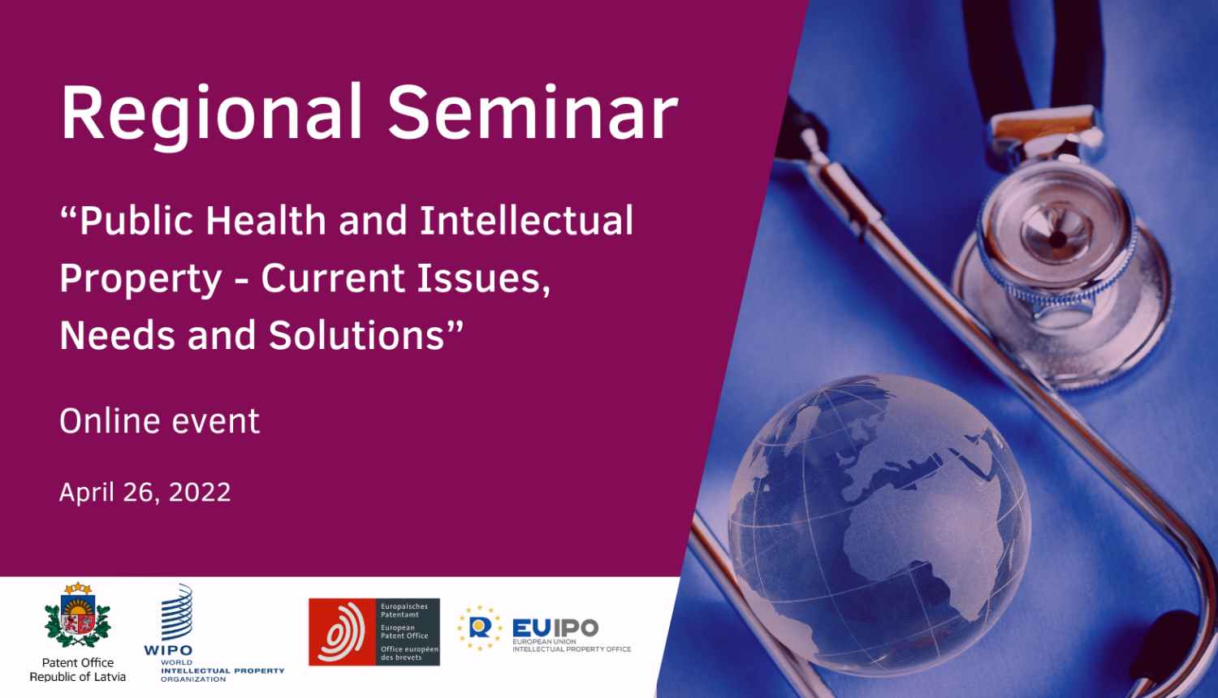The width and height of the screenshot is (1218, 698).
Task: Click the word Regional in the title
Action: (211, 114)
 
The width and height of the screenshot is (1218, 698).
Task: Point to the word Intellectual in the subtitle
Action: (526, 221)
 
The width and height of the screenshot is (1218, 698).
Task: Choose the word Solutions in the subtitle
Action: (365, 335)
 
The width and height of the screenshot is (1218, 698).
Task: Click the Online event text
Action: (160, 421)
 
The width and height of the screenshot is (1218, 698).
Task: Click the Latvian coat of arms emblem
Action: (77, 617)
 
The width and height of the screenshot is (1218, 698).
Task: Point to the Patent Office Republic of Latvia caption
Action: (78, 670)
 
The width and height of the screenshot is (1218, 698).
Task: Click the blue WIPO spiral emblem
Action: (177, 613)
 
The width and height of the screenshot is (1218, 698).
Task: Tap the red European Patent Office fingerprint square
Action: (343, 632)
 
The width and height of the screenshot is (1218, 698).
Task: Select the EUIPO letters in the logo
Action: (555, 627)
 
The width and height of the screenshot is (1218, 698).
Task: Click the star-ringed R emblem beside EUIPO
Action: (479, 627)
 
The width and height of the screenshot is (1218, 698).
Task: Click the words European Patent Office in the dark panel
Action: (404, 631)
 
